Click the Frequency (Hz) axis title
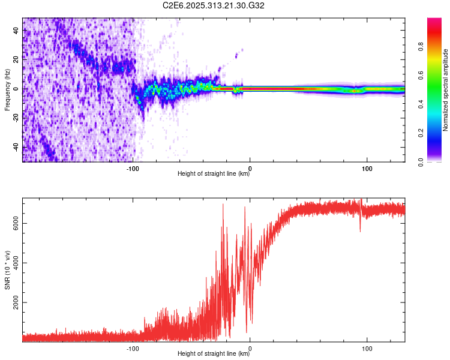7,90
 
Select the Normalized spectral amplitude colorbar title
445,90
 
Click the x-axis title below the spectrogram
214,174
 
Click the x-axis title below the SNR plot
214,354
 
